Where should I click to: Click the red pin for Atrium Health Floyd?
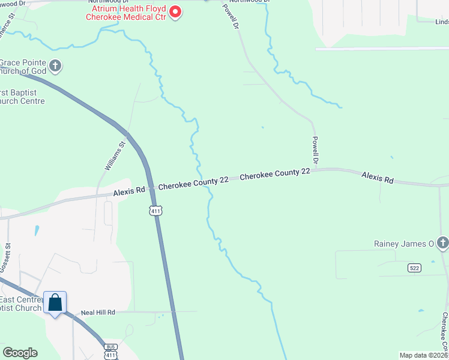coord(175,11)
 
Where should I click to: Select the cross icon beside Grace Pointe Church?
coord(55,65)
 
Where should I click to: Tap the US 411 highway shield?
coord(155,210)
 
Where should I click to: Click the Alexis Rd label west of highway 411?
coord(129,191)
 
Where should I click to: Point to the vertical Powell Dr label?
coord(315,151)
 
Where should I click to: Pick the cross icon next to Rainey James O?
coord(442,243)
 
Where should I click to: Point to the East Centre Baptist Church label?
coord(21,304)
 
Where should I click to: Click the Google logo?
coord(20,353)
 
